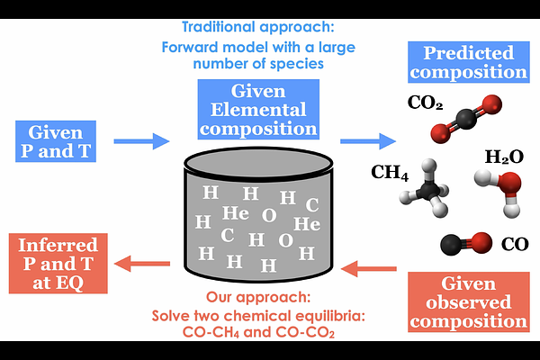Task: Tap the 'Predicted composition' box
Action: [468, 62]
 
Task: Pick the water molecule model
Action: [508, 191]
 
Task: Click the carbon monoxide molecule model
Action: [465, 242]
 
